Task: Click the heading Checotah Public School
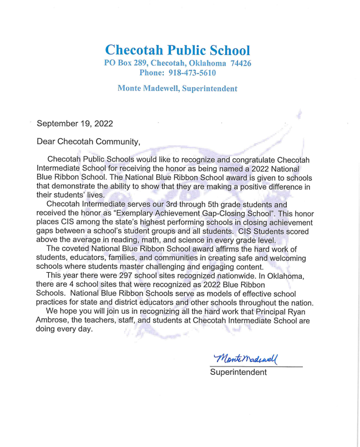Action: point(178,50)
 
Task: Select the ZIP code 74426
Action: point(241,63)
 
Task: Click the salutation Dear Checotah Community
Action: point(88,142)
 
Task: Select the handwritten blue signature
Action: point(245,359)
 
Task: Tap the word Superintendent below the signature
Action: point(238,372)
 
